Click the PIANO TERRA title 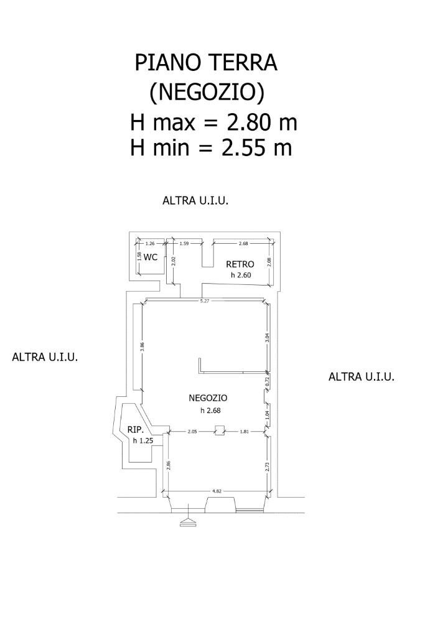(206, 63)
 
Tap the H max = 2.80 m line (213, 122)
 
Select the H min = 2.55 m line (211, 148)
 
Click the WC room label (151, 257)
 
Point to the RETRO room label (240, 264)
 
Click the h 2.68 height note (211, 410)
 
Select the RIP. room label (136, 430)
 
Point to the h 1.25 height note (142, 440)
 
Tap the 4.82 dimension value (217, 491)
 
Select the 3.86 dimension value (142, 348)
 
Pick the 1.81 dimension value (245, 431)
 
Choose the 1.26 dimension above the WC (150, 243)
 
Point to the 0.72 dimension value (268, 383)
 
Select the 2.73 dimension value (268, 467)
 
